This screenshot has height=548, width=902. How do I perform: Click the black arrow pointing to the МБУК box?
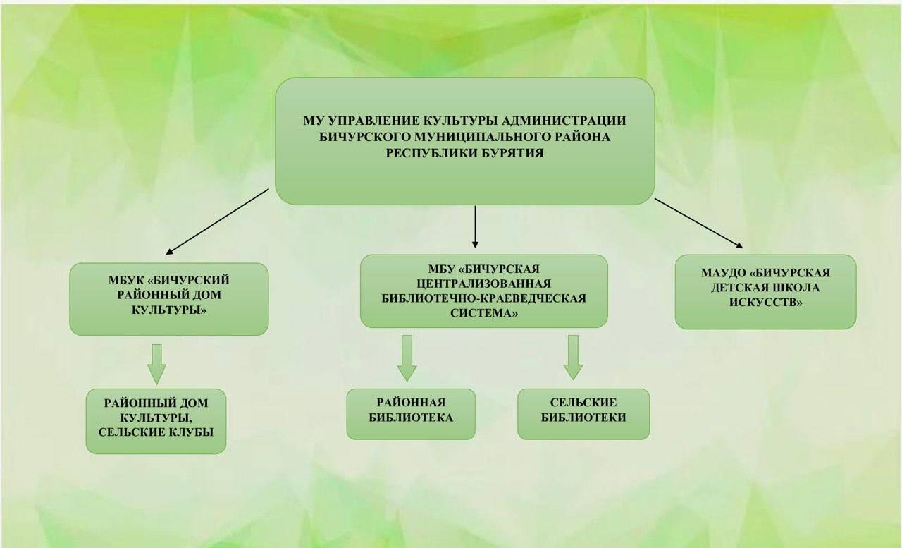pyautogui.click(x=217, y=221)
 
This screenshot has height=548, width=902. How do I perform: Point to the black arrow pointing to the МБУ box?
pyautogui.click(x=476, y=226)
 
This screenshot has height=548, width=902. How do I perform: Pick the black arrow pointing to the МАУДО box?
pyautogui.click(x=698, y=224)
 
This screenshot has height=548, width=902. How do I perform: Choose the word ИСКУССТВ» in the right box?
pyautogui.click(x=765, y=303)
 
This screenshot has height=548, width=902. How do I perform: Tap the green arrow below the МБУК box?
pyautogui.click(x=157, y=363)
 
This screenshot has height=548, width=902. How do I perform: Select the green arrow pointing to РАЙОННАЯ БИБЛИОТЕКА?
pyautogui.click(x=407, y=358)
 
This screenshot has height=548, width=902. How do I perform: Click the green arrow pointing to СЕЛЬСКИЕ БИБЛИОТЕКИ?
pyautogui.click(x=573, y=357)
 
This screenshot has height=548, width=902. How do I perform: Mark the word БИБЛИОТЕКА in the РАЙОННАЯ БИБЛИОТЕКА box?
pyautogui.click(x=411, y=418)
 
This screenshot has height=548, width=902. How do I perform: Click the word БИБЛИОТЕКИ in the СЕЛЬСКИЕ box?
pyautogui.click(x=583, y=418)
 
